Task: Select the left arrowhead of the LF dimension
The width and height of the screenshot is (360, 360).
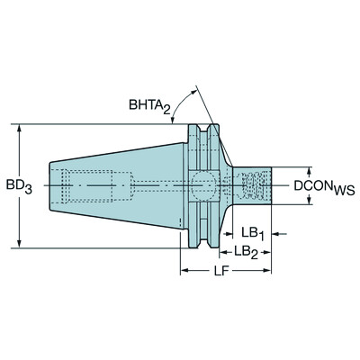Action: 184,267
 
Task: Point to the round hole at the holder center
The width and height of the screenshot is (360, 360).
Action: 203,186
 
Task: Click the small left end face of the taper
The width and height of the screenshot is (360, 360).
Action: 50,186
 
